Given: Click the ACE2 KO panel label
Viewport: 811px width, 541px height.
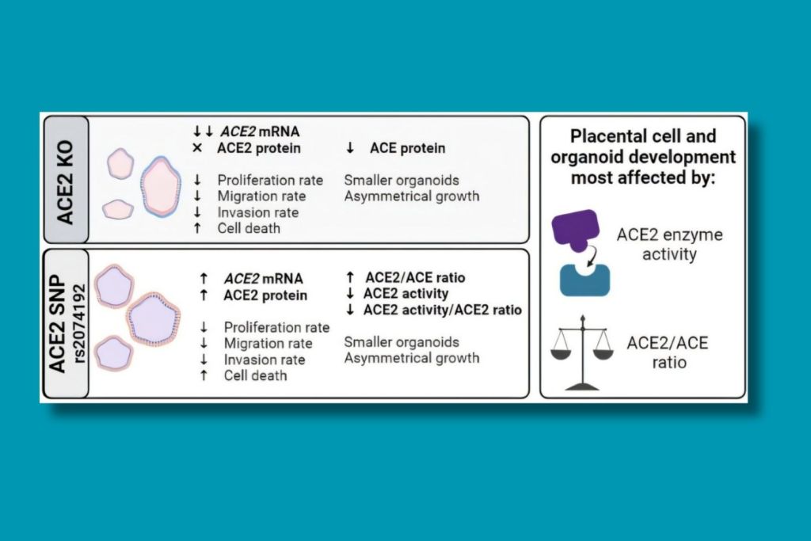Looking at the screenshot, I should click(64, 180).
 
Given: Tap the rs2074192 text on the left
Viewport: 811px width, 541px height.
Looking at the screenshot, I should click(82, 324).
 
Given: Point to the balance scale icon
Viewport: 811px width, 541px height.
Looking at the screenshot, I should click(582, 352).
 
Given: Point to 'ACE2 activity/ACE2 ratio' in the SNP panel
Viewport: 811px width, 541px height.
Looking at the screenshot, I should click(441, 310).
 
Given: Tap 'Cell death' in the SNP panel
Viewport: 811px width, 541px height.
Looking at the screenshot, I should click(255, 375).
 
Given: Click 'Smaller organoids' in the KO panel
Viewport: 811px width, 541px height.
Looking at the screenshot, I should click(402, 180).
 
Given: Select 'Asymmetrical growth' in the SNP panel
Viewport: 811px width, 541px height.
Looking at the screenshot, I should click(411, 358).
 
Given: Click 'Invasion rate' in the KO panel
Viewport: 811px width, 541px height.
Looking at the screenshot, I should click(257, 212).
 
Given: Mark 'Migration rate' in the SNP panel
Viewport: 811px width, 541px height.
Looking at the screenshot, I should click(268, 344).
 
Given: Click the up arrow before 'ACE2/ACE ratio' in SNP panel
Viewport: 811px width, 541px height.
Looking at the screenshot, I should click(350, 278).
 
